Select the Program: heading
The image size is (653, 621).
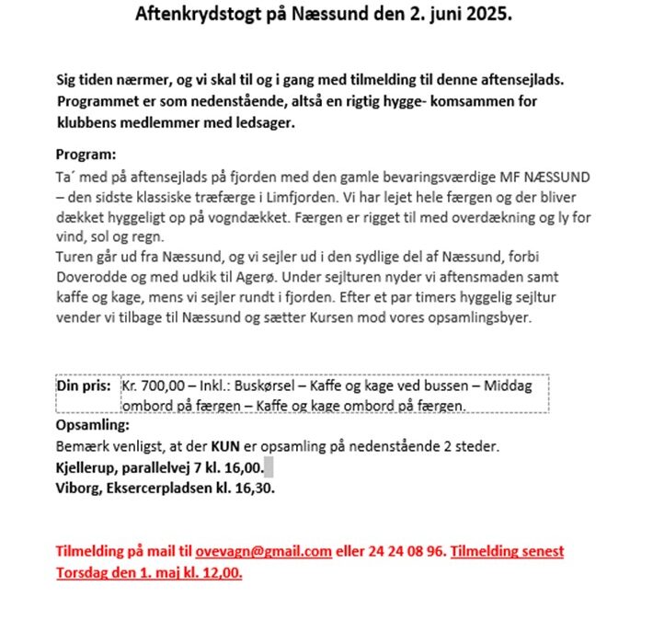click(86, 155)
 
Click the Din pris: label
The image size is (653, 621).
click(85, 387)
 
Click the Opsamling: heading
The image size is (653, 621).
click(92, 426)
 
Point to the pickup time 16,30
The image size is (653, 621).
click(255, 488)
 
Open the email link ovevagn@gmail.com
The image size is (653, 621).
click(263, 552)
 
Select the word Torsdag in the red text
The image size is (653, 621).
click(84, 572)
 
